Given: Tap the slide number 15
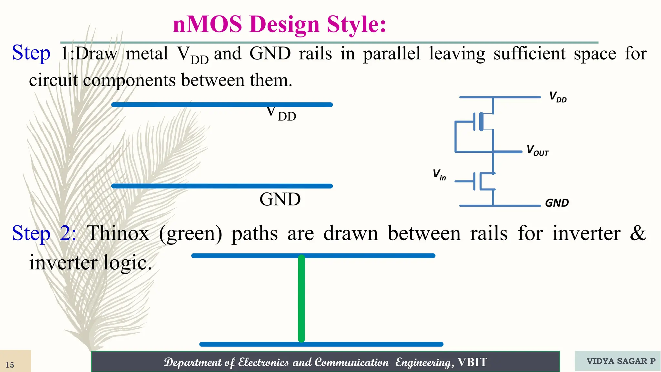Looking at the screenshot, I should (x=10, y=365).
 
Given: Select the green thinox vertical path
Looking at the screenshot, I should (x=301, y=299).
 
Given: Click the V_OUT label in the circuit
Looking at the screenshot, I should (x=537, y=150).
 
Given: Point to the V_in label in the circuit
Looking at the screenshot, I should (x=439, y=174).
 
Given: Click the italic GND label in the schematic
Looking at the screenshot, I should (x=557, y=203).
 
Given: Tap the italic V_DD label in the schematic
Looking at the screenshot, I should (x=558, y=97).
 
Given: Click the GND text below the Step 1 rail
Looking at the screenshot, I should (x=280, y=199).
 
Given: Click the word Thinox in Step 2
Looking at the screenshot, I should (x=118, y=233).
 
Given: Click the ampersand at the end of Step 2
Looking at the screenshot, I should (x=637, y=233).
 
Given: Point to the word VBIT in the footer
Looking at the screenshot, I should (x=472, y=362).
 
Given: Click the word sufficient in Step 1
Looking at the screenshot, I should (x=529, y=54).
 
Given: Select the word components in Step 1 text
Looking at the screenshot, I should (x=129, y=80).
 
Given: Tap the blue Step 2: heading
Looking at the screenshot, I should (x=44, y=233).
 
